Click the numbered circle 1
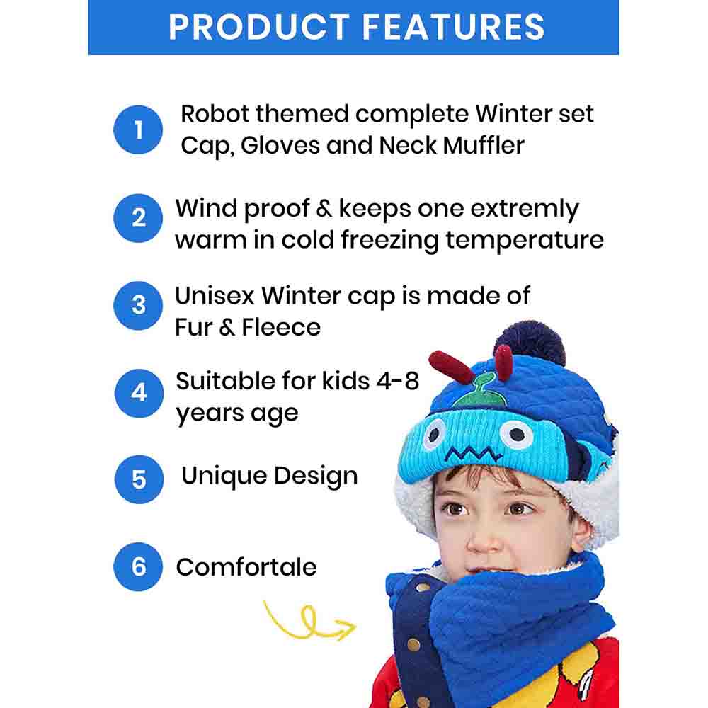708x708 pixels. (138, 130)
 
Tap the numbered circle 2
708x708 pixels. (138, 217)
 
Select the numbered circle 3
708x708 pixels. (138, 306)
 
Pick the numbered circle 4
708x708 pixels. (139, 393)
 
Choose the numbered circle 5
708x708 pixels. (139, 479)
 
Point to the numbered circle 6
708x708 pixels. (138, 566)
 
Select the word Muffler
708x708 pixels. (484, 145)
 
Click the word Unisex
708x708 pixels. (215, 296)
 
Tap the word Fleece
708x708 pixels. (281, 327)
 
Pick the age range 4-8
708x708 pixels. (398, 381)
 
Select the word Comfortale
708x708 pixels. (246, 567)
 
